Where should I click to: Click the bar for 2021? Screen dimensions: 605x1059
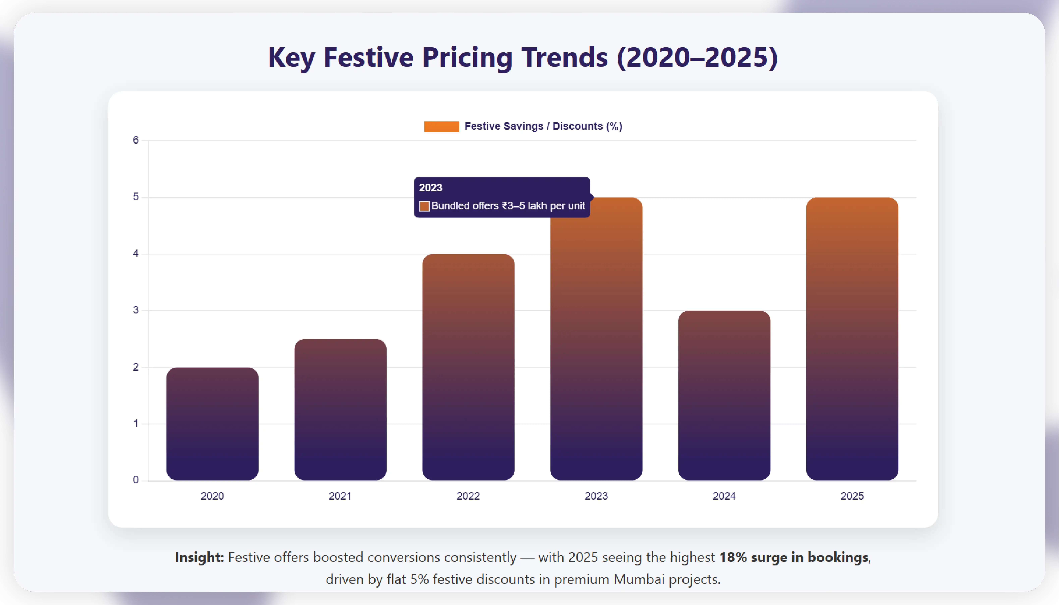click(340, 409)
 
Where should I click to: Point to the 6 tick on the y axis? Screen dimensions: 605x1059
click(135, 140)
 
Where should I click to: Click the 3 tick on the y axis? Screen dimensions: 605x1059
click(135, 310)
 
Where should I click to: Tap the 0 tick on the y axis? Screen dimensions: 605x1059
click(135, 480)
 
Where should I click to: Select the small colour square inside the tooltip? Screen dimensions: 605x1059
click(424, 206)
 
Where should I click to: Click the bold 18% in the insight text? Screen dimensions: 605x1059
click(733, 557)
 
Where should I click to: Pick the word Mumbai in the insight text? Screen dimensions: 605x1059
click(639, 579)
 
